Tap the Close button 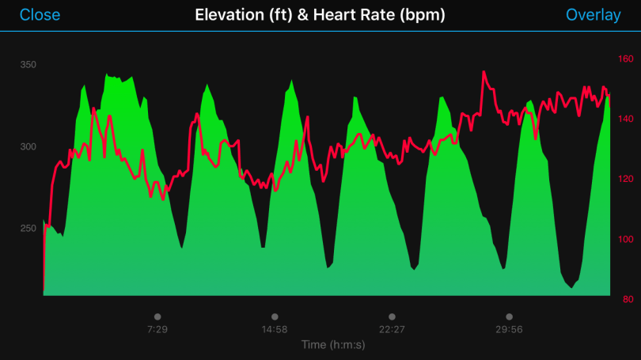coord(40,15)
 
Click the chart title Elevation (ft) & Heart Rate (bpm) coord(320,15)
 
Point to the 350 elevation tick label coord(28,65)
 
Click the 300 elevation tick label coord(28,146)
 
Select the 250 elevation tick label coord(28,228)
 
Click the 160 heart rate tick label coord(625,59)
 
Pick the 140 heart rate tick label coord(625,119)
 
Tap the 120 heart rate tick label coord(625,179)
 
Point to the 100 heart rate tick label coord(625,239)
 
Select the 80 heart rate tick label coord(625,299)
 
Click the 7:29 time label coord(157,329)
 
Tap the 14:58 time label coord(274,329)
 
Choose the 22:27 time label coord(392,329)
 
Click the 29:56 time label coord(509,329)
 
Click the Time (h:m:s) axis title coord(333,345)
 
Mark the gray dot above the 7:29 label coord(157,316)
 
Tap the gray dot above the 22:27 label coord(392,316)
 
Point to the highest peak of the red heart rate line coord(483,72)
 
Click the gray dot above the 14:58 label coord(274,316)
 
